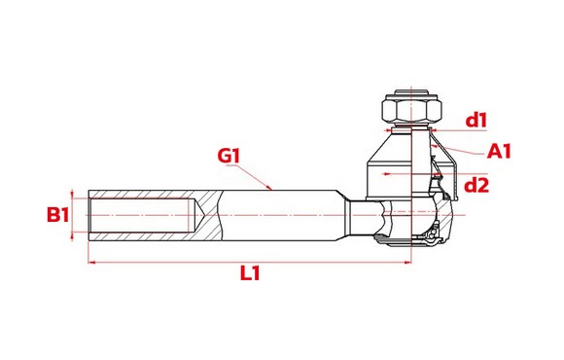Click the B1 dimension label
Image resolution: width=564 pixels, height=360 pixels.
tap(58, 215)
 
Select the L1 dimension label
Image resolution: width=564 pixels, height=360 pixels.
tap(250, 273)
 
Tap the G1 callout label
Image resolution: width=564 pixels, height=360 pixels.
tap(229, 156)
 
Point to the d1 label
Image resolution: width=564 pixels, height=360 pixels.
tap(476, 121)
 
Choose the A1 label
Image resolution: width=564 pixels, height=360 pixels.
tap(499, 151)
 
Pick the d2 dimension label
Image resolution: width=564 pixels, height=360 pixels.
tap(476, 186)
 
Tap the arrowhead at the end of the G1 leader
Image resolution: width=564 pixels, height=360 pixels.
tap(269, 187)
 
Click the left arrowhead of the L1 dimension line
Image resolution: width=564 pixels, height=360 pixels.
tap(91, 263)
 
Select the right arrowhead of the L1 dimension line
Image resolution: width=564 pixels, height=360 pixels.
tap(407, 263)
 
